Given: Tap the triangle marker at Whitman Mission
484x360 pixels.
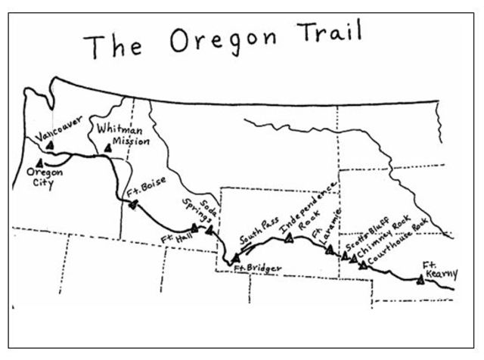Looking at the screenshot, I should point(108,149).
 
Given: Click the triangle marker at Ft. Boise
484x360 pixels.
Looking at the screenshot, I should point(132,203).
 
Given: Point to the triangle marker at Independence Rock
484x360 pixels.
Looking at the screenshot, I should point(289,239).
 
